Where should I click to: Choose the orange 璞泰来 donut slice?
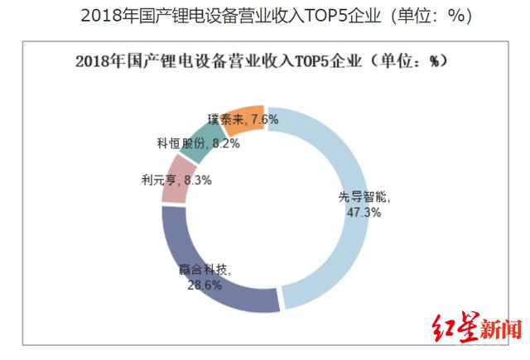[x=248, y=116]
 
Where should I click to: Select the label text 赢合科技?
[x=205, y=270]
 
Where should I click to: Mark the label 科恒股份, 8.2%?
[x=187, y=142]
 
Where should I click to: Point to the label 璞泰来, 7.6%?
[x=243, y=119]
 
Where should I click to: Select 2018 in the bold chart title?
[x=93, y=62]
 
